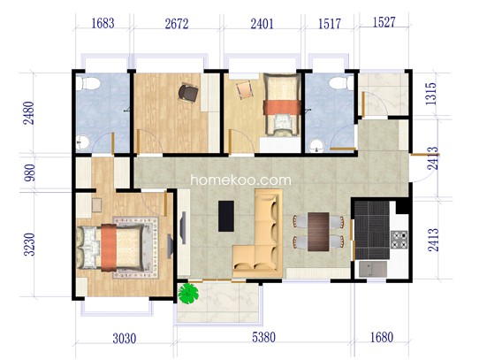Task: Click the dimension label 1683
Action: pyautogui.click(x=103, y=23)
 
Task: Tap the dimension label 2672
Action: pyautogui.click(x=177, y=24)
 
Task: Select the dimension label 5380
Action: pyautogui.click(x=263, y=337)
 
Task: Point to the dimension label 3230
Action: pyautogui.click(x=30, y=244)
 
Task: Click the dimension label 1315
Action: pyautogui.click(x=431, y=94)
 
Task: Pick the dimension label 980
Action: pyautogui.click(x=30, y=172)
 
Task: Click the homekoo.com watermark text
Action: pyautogui.click(x=240, y=180)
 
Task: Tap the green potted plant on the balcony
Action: pyautogui.click(x=188, y=294)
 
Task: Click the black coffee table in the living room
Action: pyautogui.click(x=226, y=216)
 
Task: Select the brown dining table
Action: pyautogui.click(x=318, y=232)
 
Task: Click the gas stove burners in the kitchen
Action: pyautogui.click(x=399, y=240)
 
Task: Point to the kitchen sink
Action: pyautogui.click(x=373, y=269)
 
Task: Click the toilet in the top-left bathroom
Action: pyautogui.click(x=88, y=83)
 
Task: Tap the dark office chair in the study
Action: pyautogui.click(x=188, y=93)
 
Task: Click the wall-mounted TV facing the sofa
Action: pyautogui.click(x=183, y=227)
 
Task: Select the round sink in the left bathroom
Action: pyautogui.click(x=82, y=142)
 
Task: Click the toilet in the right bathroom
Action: pyautogui.click(x=341, y=83)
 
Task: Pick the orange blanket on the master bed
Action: pyautogui.click(x=109, y=248)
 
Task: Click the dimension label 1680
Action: pyautogui.click(x=382, y=337)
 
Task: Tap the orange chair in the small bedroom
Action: pyautogui.click(x=245, y=89)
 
